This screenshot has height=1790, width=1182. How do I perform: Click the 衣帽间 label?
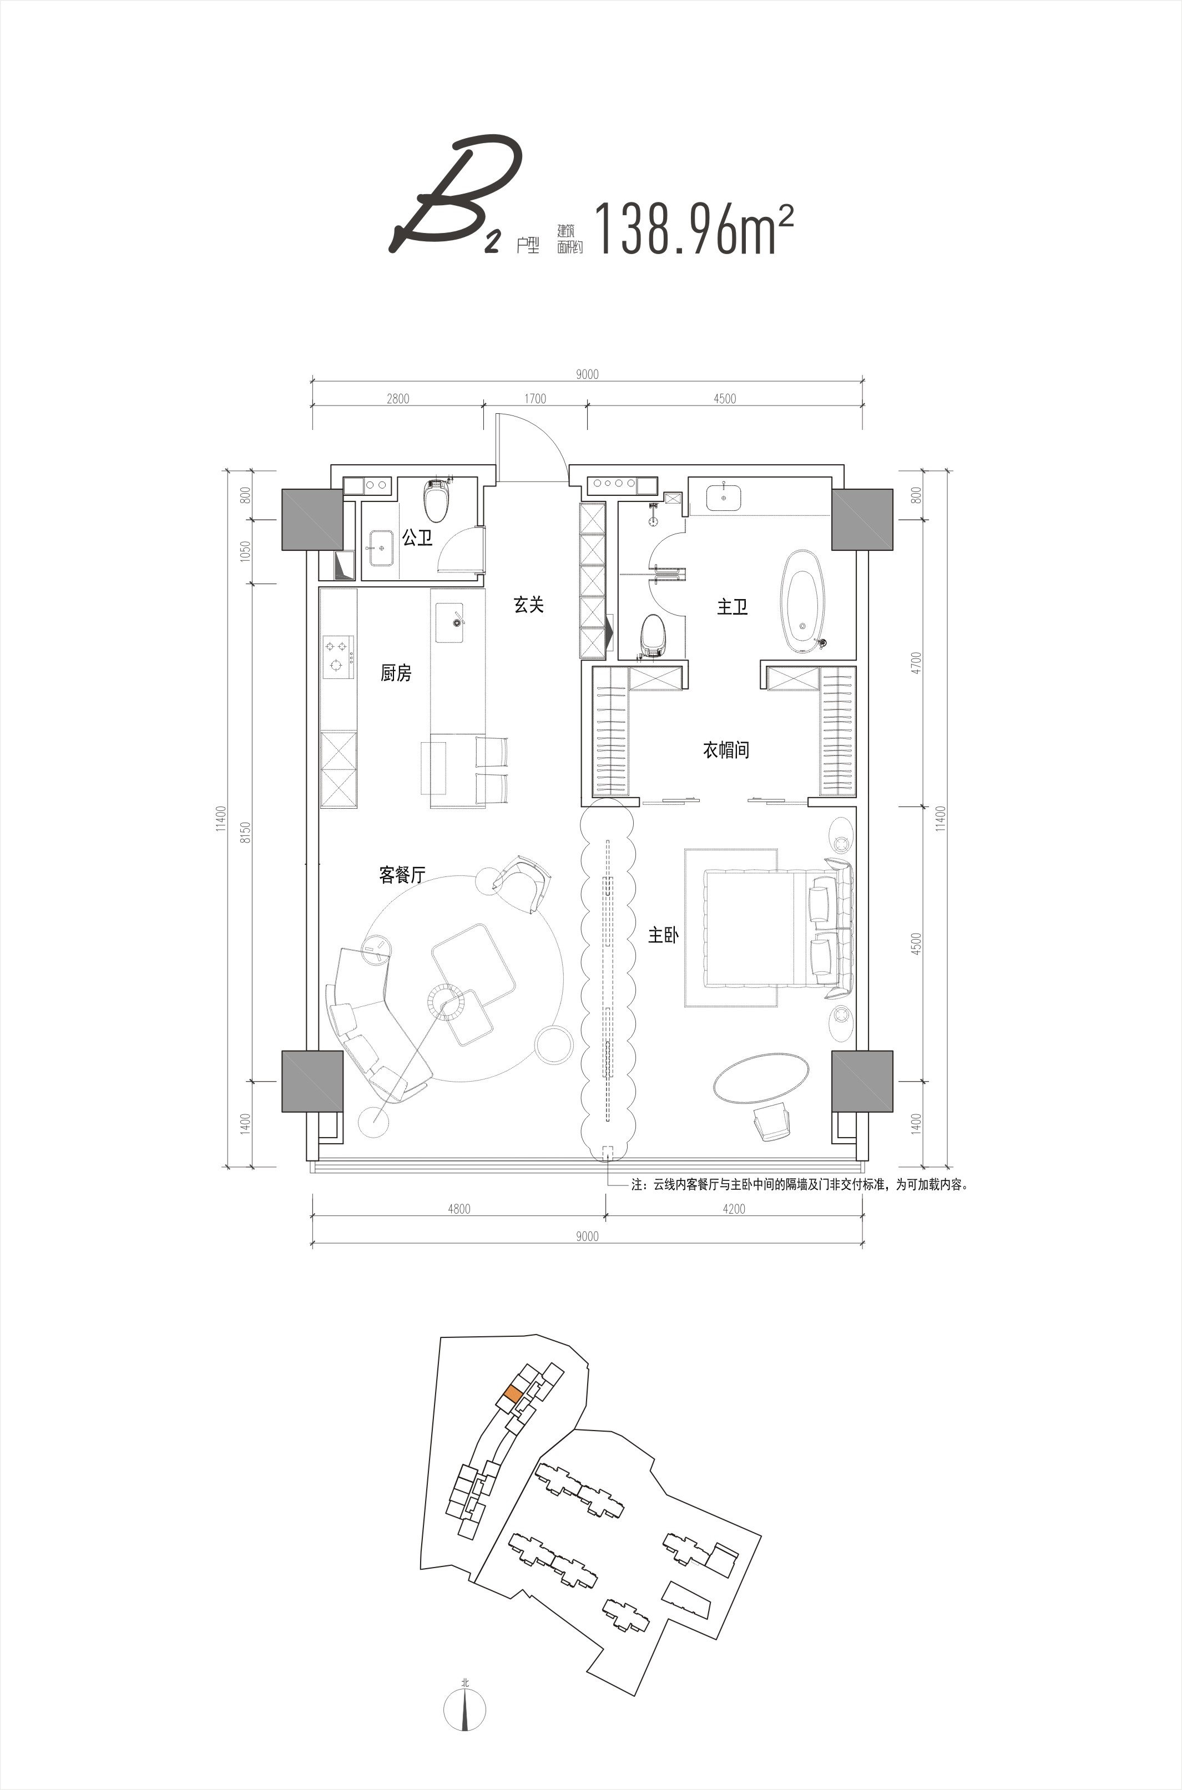(726, 749)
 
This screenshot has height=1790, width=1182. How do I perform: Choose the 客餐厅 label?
(402, 875)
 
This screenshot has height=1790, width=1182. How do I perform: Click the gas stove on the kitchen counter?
(338, 655)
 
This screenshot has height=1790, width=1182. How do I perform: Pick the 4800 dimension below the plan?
(458, 1209)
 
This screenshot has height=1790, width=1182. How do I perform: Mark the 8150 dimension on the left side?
(244, 831)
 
